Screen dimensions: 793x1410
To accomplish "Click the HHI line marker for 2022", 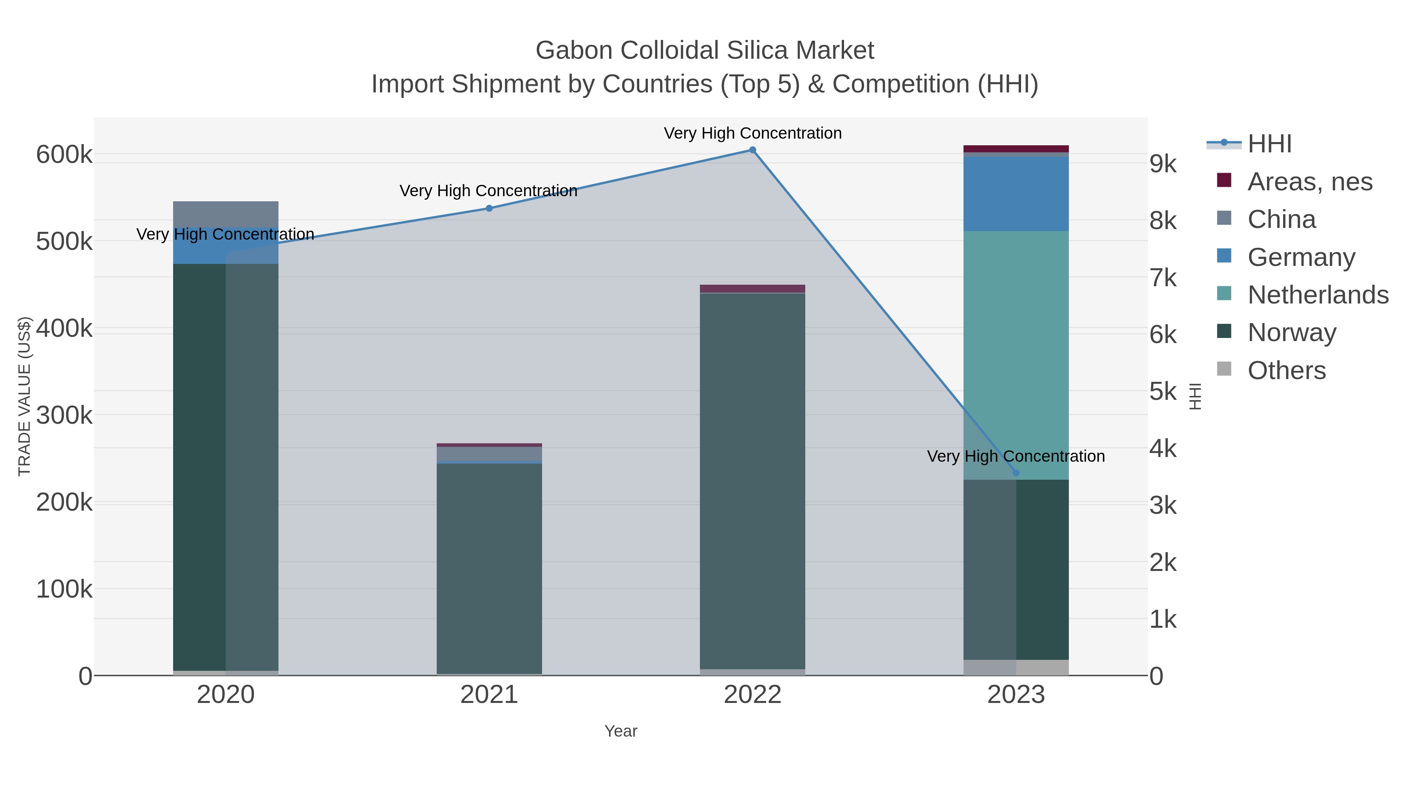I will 753,150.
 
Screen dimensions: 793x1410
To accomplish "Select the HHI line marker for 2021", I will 489,208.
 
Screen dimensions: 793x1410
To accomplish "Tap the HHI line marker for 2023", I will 1016,473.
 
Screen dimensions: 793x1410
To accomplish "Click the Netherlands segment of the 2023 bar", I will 1016,356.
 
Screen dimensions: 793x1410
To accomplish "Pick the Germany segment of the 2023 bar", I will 1016,194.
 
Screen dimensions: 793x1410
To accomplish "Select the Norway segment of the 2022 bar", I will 753,482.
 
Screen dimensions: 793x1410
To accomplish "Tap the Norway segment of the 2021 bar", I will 489,569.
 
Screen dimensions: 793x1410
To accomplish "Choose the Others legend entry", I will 1286,370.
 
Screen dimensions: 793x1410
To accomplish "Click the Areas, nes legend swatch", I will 1224,181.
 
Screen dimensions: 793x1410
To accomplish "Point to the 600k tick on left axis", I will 64,155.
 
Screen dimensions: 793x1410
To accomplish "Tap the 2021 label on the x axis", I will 489,695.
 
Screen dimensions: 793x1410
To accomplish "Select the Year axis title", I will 621,731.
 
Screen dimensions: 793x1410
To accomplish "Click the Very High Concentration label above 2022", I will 753,134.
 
